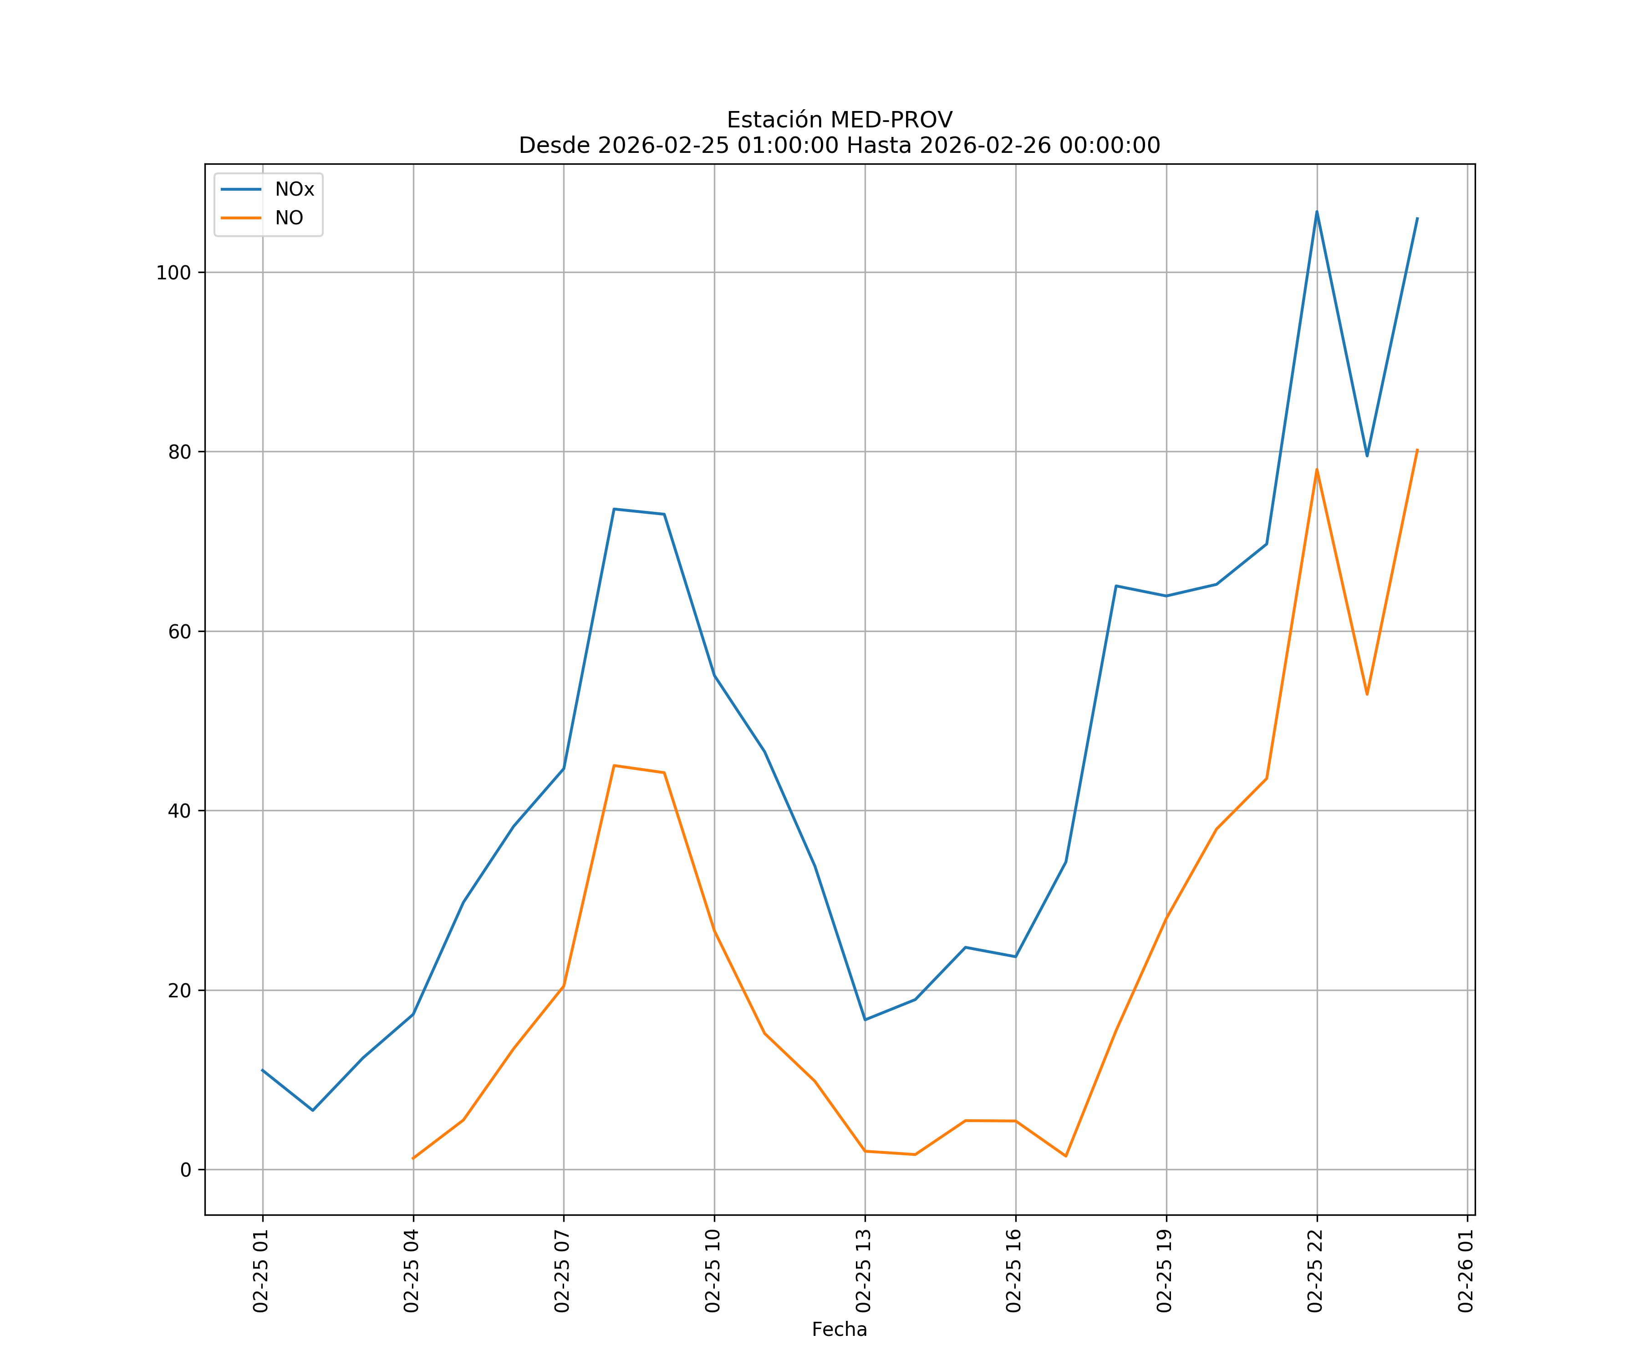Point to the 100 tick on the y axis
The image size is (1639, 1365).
point(173,273)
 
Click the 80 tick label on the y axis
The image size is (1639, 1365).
point(179,452)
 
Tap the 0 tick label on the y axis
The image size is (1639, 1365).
point(186,1170)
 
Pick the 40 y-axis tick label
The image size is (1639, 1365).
point(179,811)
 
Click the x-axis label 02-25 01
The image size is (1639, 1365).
point(261,1271)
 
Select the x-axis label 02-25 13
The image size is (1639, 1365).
point(863,1271)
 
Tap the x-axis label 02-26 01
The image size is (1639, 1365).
point(1466,1271)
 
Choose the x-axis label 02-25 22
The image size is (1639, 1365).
point(1315,1271)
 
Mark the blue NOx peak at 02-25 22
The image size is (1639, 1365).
point(1317,212)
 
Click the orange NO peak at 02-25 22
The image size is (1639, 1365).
point(1317,470)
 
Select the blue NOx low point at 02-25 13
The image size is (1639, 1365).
point(865,1020)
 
